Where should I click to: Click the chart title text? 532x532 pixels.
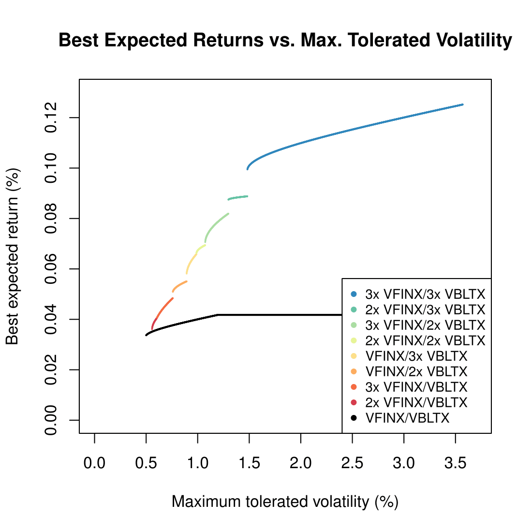(x=285, y=40)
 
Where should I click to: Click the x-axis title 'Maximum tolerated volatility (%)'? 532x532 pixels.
(x=285, y=502)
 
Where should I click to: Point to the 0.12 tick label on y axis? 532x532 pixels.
(x=51, y=118)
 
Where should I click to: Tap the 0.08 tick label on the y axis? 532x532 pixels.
(x=51, y=219)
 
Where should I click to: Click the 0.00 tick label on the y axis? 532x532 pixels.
(x=51, y=420)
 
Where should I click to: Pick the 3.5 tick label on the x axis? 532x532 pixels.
(x=455, y=463)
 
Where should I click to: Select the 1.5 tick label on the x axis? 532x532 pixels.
(x=249, y=463)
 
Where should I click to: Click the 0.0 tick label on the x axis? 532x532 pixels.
(x=94, y=463)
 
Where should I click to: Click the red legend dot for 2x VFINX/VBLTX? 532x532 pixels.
(x=354, y=402)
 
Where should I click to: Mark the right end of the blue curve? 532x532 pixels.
(x=462, y=104)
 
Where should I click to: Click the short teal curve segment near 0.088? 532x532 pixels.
(x=238, y=197)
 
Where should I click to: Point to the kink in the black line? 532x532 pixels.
(x=217, y=315)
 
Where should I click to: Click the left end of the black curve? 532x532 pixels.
(x=146, y=335)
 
